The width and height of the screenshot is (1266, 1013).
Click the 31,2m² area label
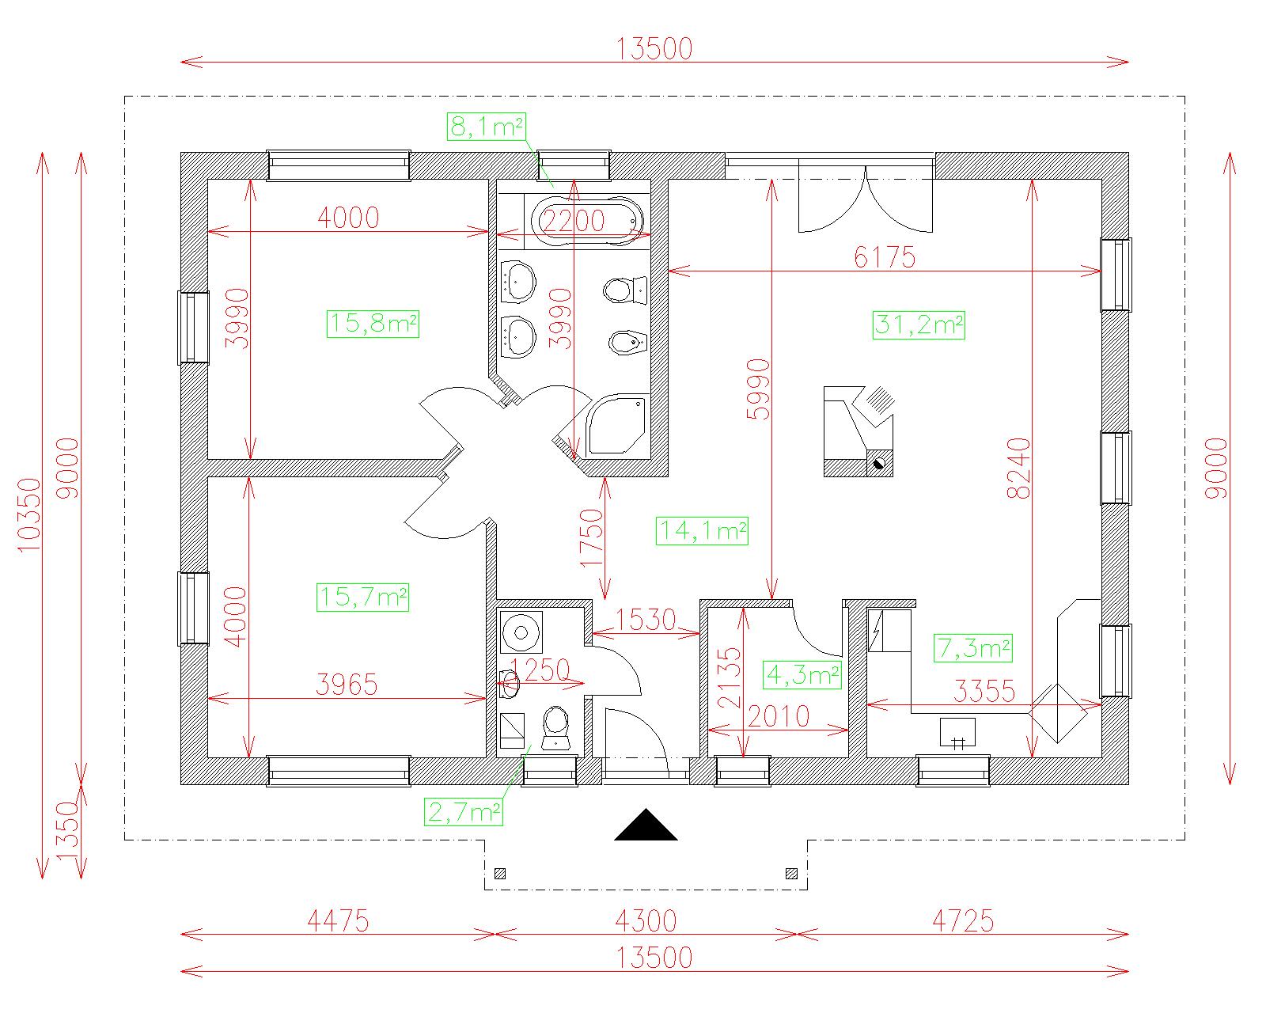[x=919, y=325]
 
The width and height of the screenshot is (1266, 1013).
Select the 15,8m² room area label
[x=373, y=324]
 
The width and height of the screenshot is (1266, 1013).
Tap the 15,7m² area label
[x=362, y=597]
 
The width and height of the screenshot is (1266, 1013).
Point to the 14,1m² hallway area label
[x=702, y=530]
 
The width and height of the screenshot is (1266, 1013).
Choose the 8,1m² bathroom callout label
[x=486, y=127]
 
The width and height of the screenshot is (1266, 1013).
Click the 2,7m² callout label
[x=464, y=812]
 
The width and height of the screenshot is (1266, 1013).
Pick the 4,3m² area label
[x=802, y=675]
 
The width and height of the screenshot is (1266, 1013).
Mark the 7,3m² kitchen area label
[x=973, y=648]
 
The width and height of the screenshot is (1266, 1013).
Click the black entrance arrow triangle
[x=646, y=824]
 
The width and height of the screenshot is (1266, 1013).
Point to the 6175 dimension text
[x=884, y=257]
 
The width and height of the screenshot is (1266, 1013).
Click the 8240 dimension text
[x=1019, y=469]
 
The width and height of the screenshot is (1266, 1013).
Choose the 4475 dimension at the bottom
[x=338, y=920]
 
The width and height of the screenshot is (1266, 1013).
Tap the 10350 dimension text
[x=29, y=515]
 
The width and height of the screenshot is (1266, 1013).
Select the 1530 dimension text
[x=646, y=620]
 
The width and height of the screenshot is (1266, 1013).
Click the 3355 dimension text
[x=984, y=691]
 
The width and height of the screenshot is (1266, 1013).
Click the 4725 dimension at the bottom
[x=963, y=920]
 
